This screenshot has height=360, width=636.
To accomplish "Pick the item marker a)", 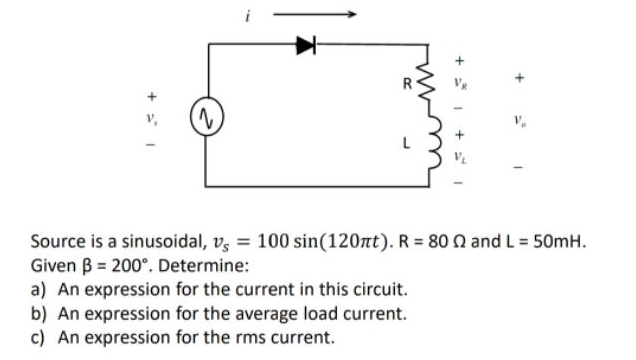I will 40,290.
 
